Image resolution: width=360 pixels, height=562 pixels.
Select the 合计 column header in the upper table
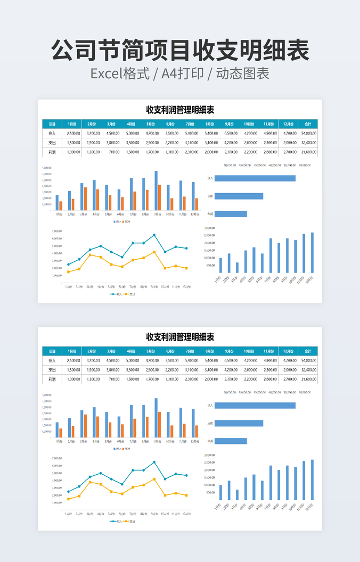tap(308, 123)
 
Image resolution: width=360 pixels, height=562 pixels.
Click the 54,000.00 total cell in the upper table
tap(308, 133)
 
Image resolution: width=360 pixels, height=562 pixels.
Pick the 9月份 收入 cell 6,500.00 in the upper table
tap(231, 133)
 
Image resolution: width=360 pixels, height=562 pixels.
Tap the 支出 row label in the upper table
tap(52, 143)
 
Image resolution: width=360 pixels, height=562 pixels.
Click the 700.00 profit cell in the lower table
tap(113, 379)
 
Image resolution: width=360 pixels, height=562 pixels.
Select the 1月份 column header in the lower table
tap(72, 351)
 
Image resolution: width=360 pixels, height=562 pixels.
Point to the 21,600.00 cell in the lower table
tap(308, 379)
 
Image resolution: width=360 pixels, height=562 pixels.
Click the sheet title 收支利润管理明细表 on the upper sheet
tap(180, 110)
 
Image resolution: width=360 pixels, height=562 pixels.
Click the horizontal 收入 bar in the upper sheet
tap(255, 178)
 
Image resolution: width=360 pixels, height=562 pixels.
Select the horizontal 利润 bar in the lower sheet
tap(231, 441)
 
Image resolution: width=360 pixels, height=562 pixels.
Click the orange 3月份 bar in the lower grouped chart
tap(86, 426)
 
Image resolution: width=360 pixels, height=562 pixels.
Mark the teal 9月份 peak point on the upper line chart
tap(154, 235)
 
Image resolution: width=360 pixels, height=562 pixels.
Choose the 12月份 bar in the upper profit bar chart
tap(312, 252)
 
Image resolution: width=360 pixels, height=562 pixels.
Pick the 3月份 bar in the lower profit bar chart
tap(237, 494)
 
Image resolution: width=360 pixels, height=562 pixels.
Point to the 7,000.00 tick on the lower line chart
tap(57, 458)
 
